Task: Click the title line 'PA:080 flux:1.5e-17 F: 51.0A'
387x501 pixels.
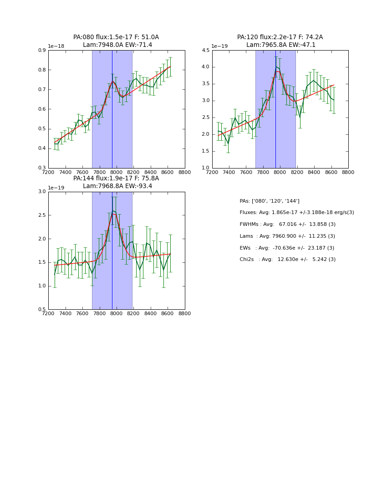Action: click(x=116, y=37)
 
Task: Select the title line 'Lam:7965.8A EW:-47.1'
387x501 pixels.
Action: click(x=280, y=45)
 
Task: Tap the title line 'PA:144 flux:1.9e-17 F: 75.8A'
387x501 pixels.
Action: click(x=116, y=179)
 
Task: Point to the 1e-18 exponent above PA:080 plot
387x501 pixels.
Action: click(x=56, y=46)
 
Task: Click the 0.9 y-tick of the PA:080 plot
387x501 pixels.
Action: click(x=41, y=51)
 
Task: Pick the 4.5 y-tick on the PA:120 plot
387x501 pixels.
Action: click(x=205, y=51)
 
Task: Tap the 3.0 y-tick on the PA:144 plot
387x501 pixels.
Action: click(x=41, y=192)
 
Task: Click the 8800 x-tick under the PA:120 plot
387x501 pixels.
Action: click(x=348, y=172)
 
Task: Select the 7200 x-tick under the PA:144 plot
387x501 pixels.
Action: click(x=48, y=313)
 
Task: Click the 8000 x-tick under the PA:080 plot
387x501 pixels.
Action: click(x=116, y=172)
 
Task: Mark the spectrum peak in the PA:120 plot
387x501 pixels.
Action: click(x=276, y=67)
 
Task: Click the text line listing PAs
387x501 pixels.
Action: click(x=270, y=201)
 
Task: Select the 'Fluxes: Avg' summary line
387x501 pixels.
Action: click(x=296, y=213)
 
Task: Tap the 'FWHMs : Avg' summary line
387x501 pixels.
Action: click(x=287, y=225)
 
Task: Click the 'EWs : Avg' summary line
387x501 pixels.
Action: click(x=287, y=248)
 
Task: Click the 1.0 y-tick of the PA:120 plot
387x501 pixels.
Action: click(x=205, y=168)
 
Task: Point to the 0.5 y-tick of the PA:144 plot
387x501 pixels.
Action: click(x=41, y=310)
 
